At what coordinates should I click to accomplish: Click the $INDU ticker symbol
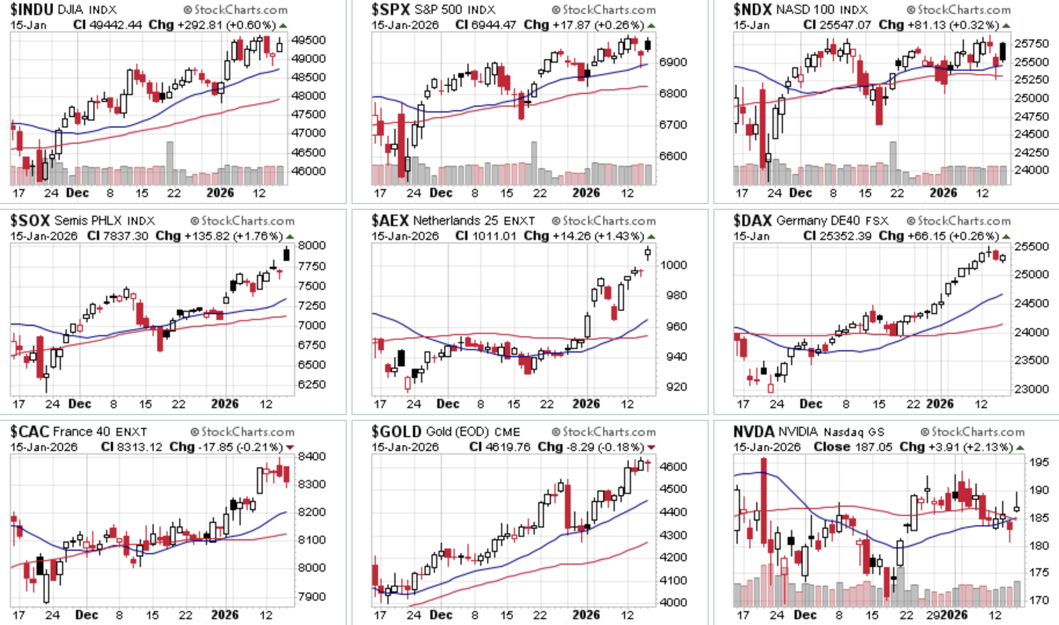click(x=32, y=10)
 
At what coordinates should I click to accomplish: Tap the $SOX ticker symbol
click(x=31, y=221)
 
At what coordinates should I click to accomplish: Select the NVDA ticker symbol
click(x=753, y=432)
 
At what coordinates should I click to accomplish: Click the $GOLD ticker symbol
click(x=396, y=432)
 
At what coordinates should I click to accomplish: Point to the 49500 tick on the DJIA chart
click(x=309, y=40)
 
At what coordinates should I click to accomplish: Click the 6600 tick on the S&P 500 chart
click(x=673, y=156)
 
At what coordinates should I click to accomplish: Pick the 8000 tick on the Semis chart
click(x=312, y=245)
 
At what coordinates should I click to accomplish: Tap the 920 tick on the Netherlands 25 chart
click(x=677, y=387)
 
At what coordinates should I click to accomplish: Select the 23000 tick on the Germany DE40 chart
click(x=1032, y=389)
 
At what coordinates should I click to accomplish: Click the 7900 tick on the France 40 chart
click(x=312, y=596)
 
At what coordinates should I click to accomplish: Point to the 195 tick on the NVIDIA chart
click(x=1039, y=462)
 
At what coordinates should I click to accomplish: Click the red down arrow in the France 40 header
click(x=290, y=447)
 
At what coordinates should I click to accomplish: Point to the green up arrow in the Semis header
click(x=290, y=237)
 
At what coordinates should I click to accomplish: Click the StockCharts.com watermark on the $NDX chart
click(x=958, y=10)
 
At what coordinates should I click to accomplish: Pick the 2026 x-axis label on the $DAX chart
click(x=940, y=404)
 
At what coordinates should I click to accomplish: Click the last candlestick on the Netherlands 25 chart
click(x=648, y=252)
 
